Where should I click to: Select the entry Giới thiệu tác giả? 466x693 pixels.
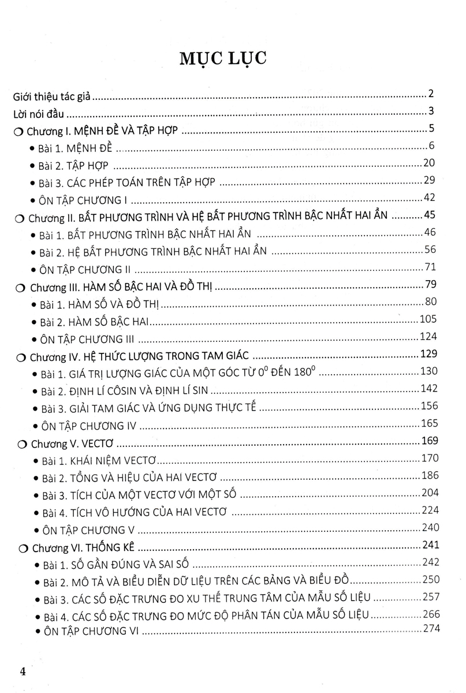tap(51, 98)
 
